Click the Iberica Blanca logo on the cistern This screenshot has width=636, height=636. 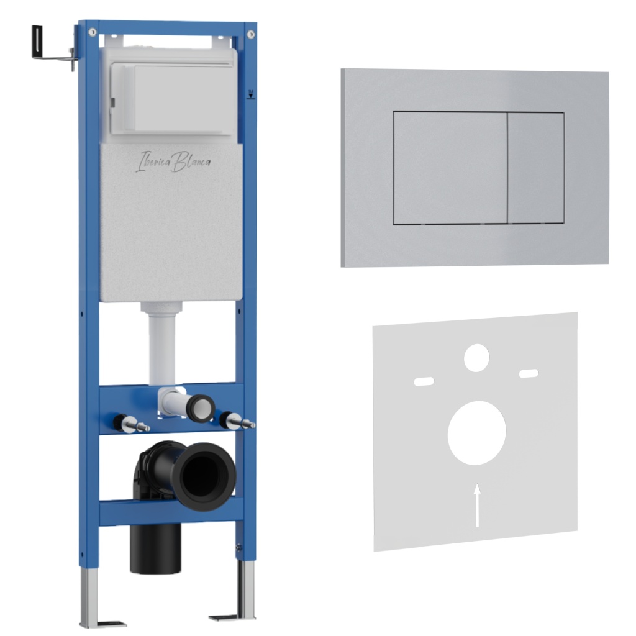point(173,161)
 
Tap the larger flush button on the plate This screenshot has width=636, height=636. point(450,168)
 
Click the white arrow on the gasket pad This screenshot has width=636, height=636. point(478,505)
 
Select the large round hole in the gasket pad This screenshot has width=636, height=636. point(476,433)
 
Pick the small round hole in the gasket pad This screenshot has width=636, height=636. point(476,358)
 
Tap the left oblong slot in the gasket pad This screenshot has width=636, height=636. point(424,381)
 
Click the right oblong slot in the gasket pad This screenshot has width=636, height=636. point(529,373)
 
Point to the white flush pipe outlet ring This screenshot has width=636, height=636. point(201,407)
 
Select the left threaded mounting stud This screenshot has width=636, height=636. point(132,424)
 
